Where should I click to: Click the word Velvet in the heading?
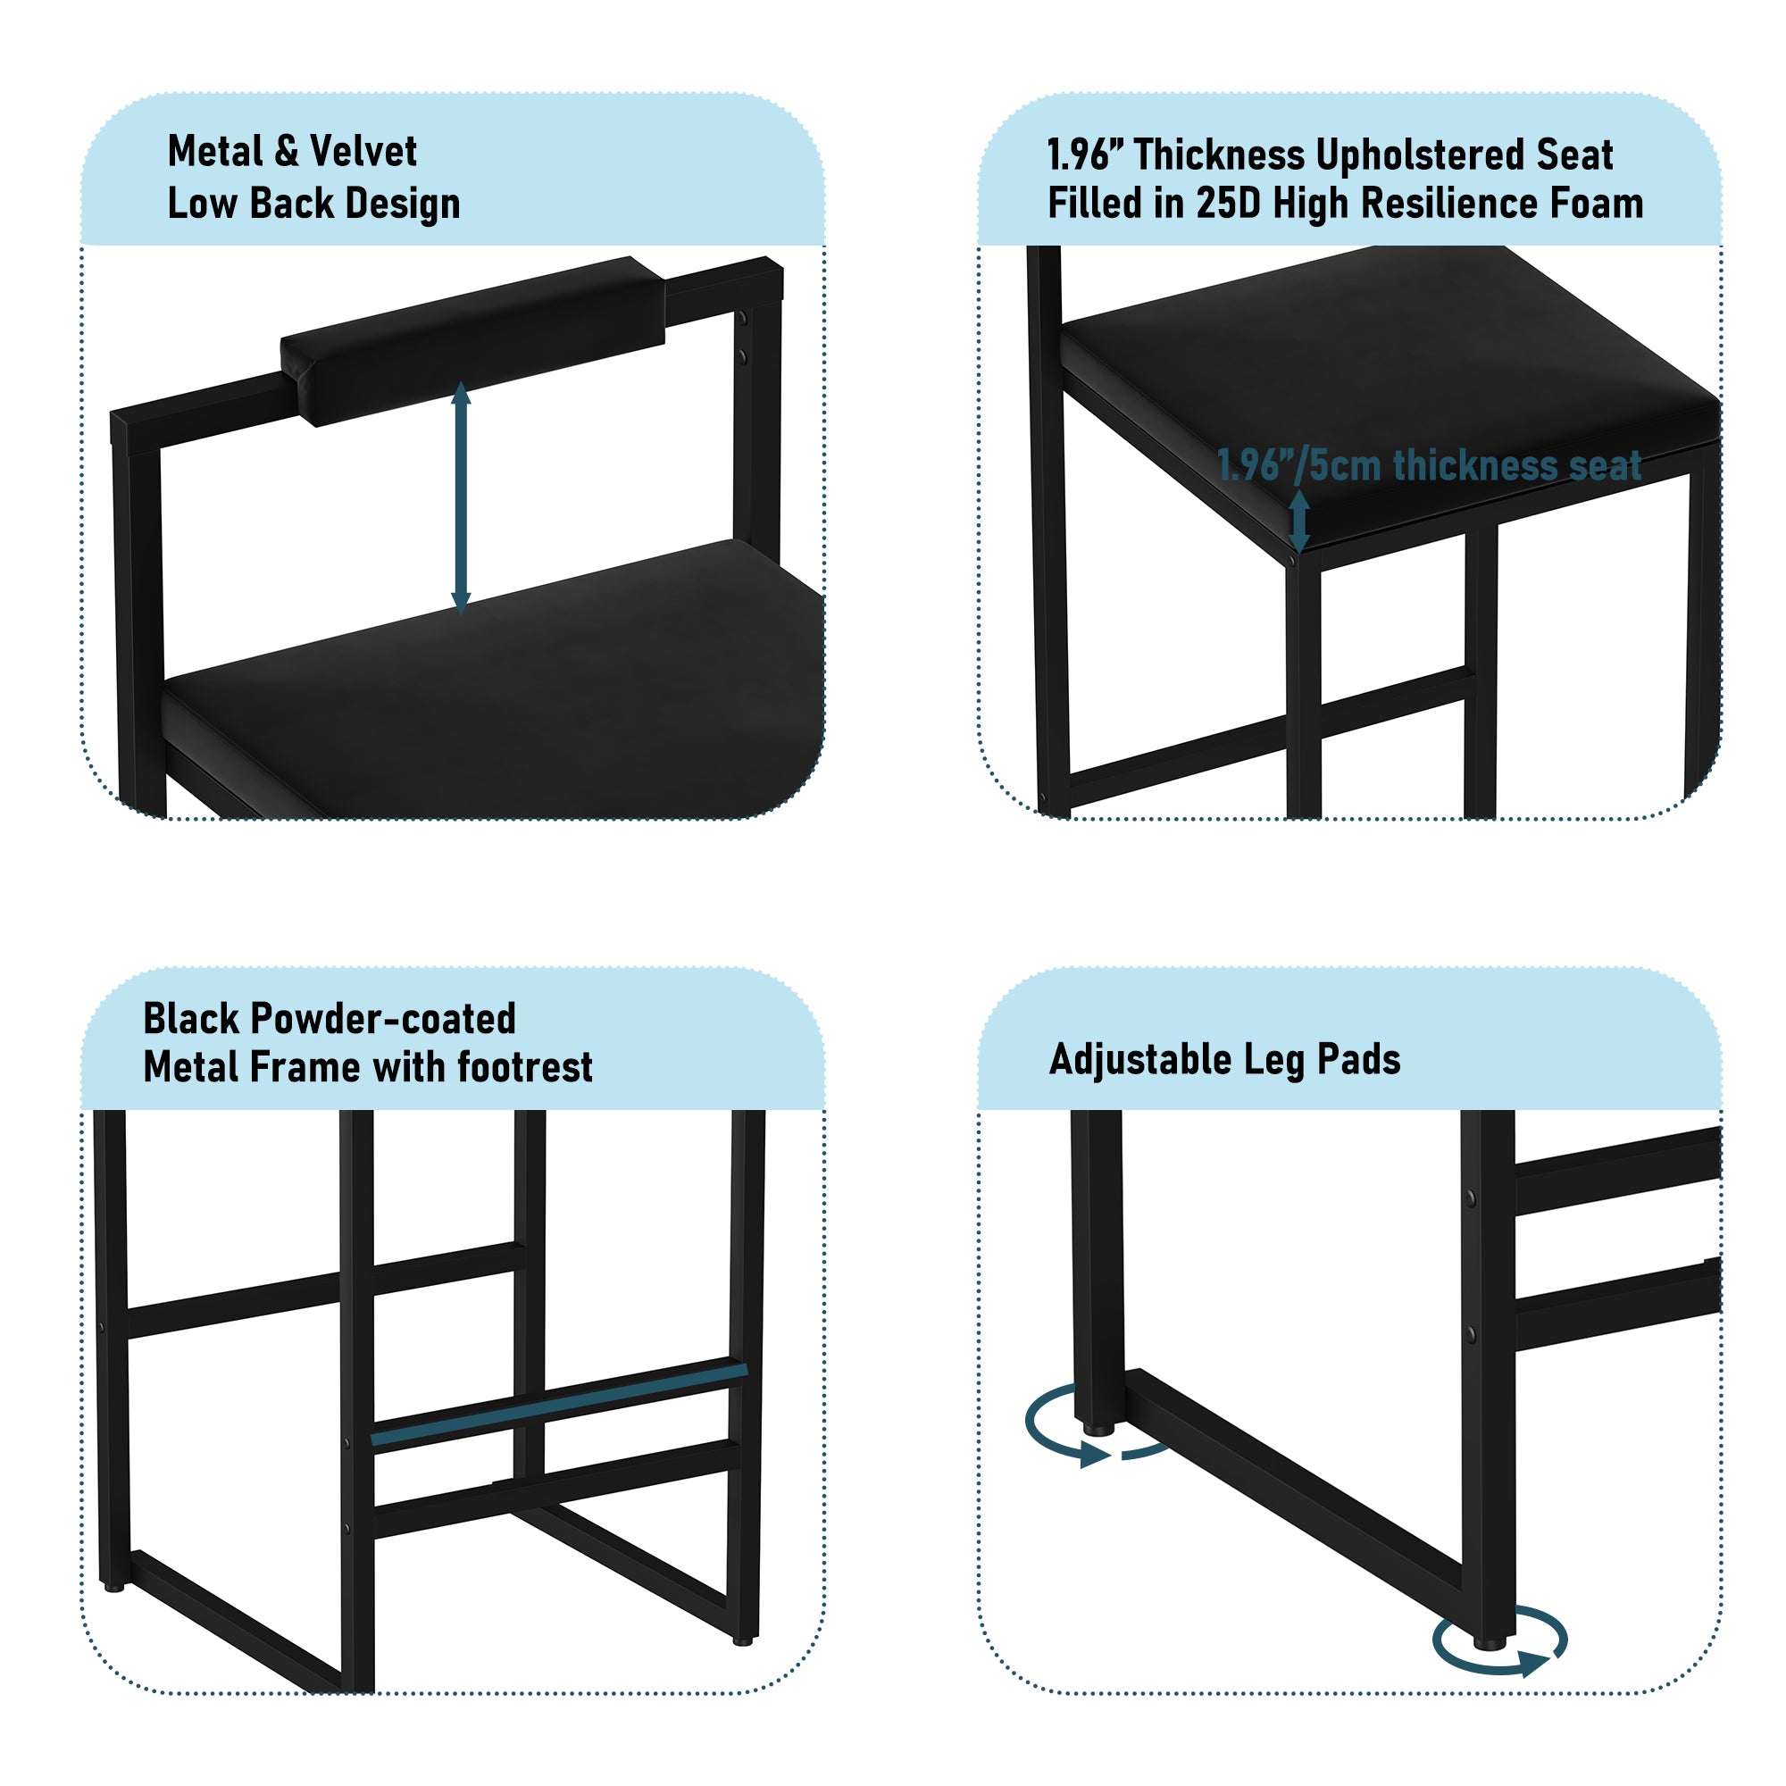[x=363, y=151]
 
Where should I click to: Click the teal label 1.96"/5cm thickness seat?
[x=1429, y=465]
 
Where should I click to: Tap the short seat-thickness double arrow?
[x=1299, y=521]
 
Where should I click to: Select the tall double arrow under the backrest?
[x=462, y=498]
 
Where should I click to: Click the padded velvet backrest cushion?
[x=472, y=341]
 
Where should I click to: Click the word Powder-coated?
[x=383, y=1019]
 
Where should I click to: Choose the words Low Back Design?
[x=313, y=204]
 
